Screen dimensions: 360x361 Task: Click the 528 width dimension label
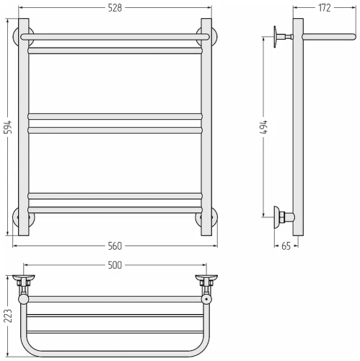point(115,8)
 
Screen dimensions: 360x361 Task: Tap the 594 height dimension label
point(8,127)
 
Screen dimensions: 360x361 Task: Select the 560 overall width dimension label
point(115,246)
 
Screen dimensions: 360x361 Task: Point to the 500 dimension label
point(115,265)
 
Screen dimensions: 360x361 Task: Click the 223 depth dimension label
point(8,316)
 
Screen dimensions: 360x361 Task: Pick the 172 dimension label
point(325,8)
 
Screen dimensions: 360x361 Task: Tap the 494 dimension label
point(264,127)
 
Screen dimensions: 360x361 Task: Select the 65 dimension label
point(286,246)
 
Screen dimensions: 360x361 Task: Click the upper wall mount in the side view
point(283,37)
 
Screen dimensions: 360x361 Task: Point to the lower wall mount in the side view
point(284,217)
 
